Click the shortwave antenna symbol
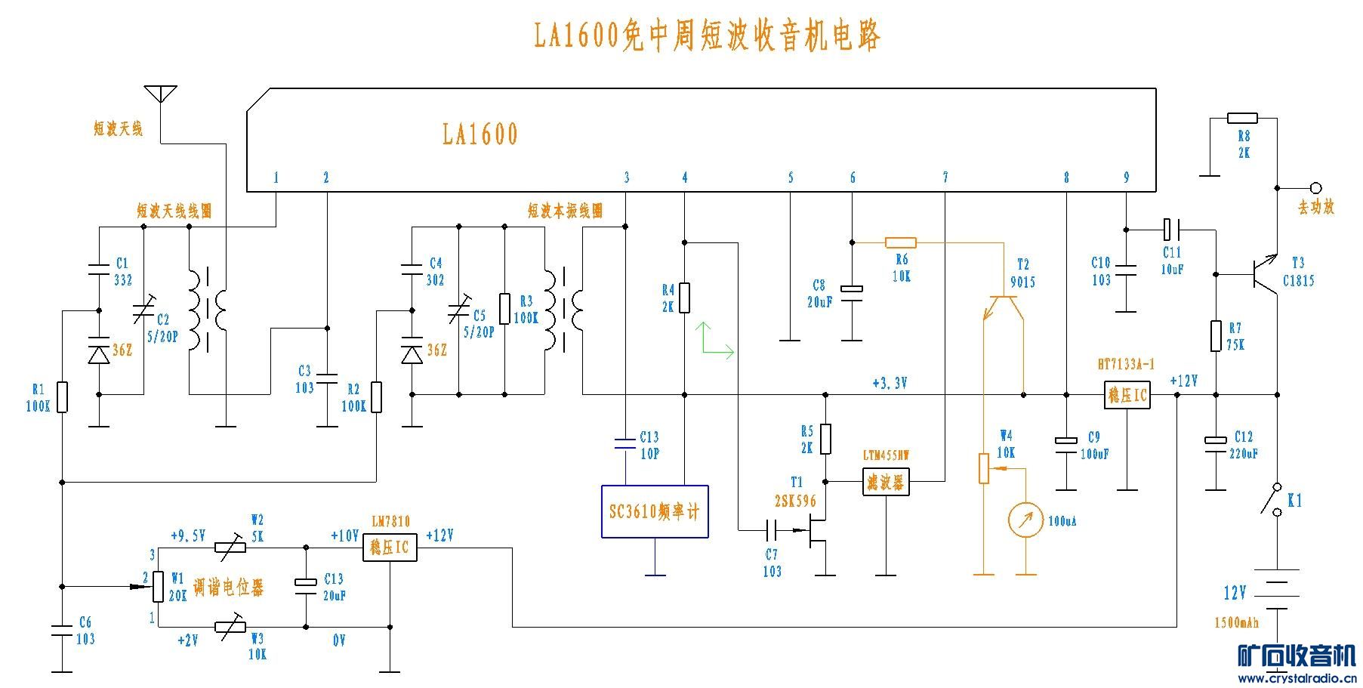(161, 94)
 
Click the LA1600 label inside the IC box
(480, 134)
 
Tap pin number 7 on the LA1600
(945, 177)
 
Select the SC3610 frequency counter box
(655, 511)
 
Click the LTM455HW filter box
(886, 481)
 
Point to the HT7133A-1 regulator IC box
(1127, 394)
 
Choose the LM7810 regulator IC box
(390, 548)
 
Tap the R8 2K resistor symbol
(1242, 118)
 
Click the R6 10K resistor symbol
(900, 242)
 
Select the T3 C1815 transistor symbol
(1263, 273)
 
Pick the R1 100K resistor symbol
(63, 397)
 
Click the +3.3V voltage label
(889, 383)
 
